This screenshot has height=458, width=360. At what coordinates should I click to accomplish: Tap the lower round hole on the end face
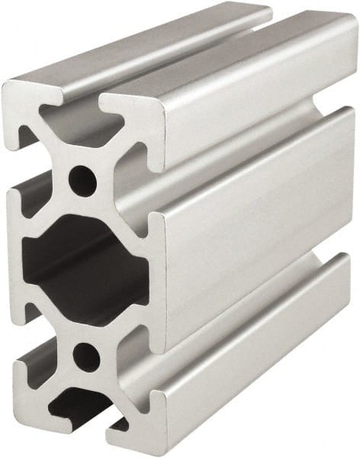(86, 356)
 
